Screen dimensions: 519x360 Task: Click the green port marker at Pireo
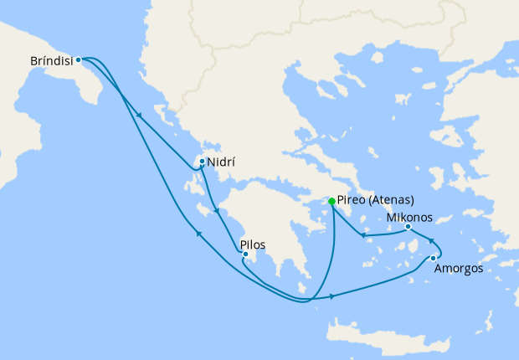(332, 201)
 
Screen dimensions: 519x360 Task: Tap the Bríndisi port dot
(78, 59)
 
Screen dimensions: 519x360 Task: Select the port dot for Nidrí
(202, 162)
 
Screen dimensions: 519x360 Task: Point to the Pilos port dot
(245, 254)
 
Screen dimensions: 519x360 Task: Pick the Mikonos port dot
(408, 227)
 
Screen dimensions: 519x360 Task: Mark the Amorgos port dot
(433, 259)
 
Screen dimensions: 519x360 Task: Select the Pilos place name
(253, 245)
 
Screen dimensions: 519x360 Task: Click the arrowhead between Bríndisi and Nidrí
(138, 116)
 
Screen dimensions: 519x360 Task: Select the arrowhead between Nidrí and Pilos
(217, 211)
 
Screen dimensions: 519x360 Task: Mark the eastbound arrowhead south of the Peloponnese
(333, 296)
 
